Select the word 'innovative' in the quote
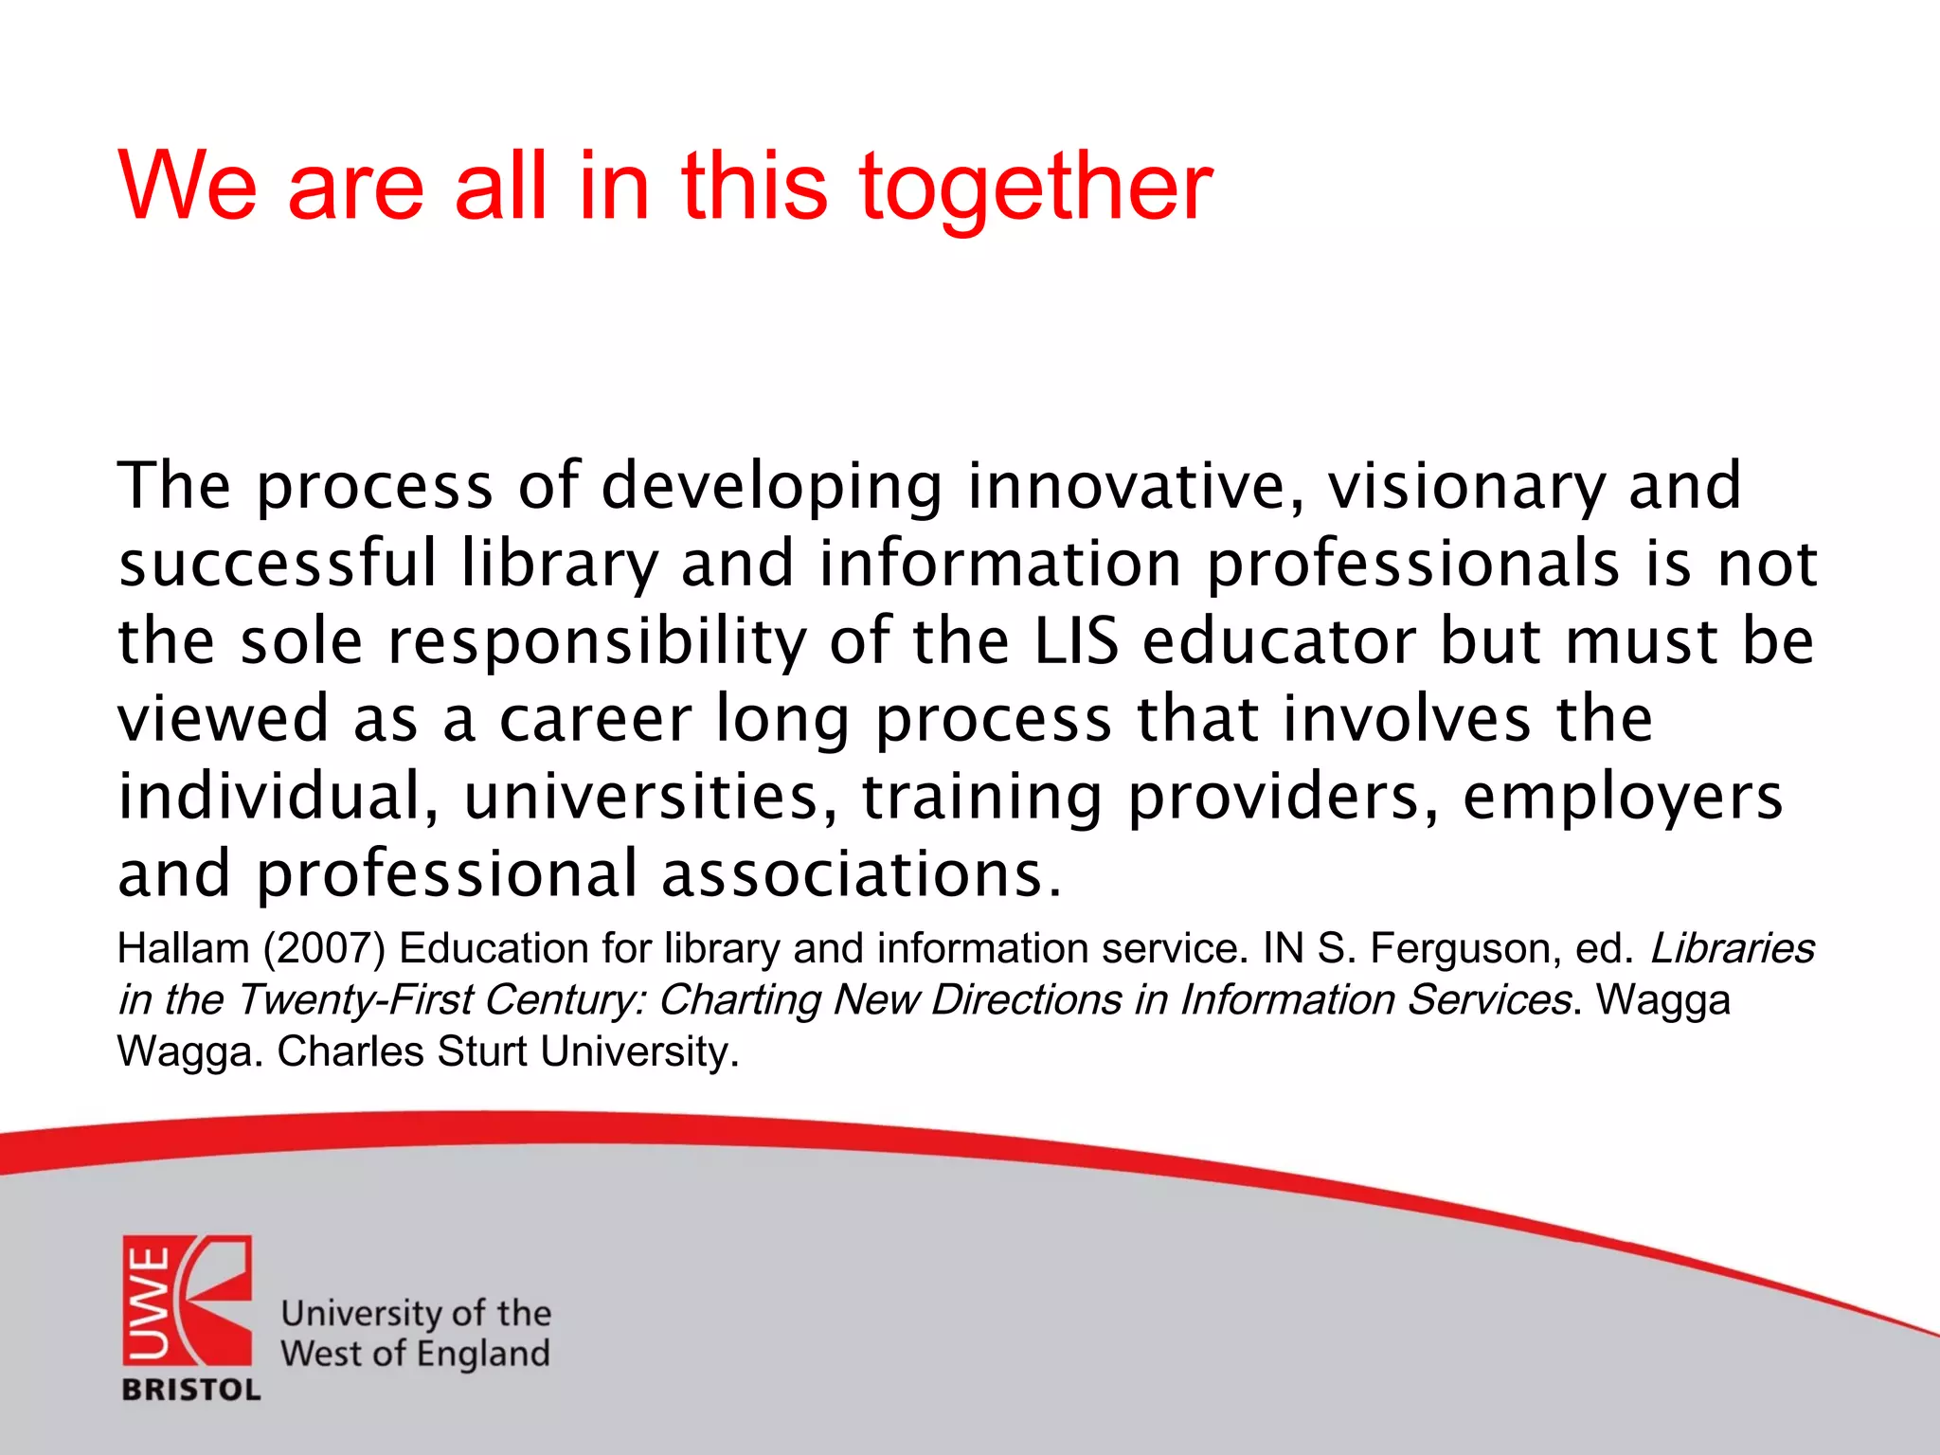click(x=1135, y=486)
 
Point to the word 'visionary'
click(x=1465, y=486)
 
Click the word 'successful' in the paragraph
click(x=278, y=564)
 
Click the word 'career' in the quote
click(x=595, y=719)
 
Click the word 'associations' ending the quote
click(x=860, y=874)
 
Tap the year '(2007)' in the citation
click(x=325, y=949)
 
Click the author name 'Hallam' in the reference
click(x=183, y=949)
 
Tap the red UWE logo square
click(x=187, y=1300)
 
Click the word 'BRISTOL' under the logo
click(x=191, y=1390)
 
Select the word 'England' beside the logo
click(x=482, y=1355)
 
